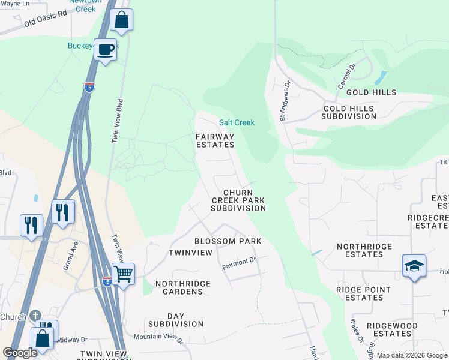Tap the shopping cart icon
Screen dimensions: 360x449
tap(123, 274)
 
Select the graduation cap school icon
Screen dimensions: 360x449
tap(414, 266)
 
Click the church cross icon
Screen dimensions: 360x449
tap(35, 316)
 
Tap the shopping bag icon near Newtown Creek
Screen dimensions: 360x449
tap(121, 20)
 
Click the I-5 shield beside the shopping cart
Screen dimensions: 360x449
tap(106, 281)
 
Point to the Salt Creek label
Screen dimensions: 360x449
tap(237, 122)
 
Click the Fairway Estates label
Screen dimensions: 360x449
tap(215, 140)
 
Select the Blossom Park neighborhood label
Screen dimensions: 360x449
tap(228, 241)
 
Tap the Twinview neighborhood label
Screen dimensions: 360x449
tap(190, 253)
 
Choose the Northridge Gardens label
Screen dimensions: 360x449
tap(179, 287)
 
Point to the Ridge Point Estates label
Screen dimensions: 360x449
tap(364, 293)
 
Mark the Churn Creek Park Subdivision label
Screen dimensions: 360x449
tap(238, 200)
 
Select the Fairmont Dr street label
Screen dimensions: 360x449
tap(239, 263)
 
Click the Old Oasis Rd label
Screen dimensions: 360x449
tap(46, 19)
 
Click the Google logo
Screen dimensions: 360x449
tap(20, 353)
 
